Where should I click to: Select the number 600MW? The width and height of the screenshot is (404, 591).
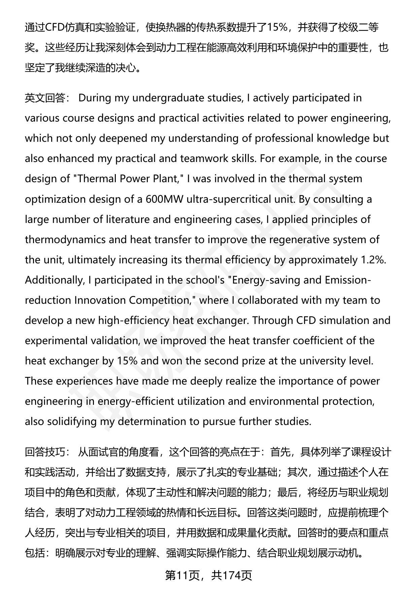tap(165, 199)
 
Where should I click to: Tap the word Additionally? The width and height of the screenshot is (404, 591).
tap(54, 280)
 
